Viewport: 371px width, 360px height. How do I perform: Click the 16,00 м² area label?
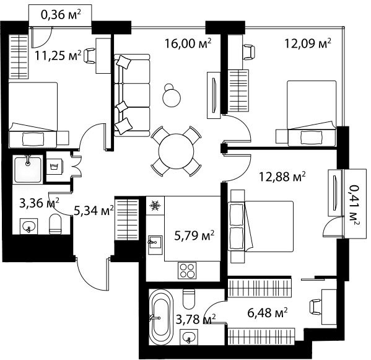pos(188,43)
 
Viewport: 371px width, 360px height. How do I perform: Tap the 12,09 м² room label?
pos(308,43)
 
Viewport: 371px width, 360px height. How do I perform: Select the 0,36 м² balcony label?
pos(61,15)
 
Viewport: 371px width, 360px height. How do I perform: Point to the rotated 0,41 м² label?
pos(355,204)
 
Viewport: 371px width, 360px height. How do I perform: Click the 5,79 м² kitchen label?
pos(194,235)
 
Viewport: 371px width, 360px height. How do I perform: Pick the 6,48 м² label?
pos(268,313)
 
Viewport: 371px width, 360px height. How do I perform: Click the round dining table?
pos(177,151)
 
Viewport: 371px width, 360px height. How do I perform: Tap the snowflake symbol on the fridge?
pos(155,206)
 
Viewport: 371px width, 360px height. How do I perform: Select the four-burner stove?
pos(187,271)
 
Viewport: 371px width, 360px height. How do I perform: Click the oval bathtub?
pos(160,317)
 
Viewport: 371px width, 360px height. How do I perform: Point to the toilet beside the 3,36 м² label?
pos(55,224)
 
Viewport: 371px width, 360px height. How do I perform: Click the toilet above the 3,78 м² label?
pos(189,299)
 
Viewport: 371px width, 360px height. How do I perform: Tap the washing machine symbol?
pos(54,167)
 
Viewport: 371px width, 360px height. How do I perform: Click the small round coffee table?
pos(172,97)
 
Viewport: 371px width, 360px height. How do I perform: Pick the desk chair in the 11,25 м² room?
pos(89,56)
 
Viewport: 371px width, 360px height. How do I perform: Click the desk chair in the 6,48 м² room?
pos(315,307)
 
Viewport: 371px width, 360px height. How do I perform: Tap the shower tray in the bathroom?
pos(28,169)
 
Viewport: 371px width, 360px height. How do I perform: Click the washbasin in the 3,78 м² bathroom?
pos(188,336)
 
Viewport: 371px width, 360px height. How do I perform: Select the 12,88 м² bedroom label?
pos(282,177)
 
